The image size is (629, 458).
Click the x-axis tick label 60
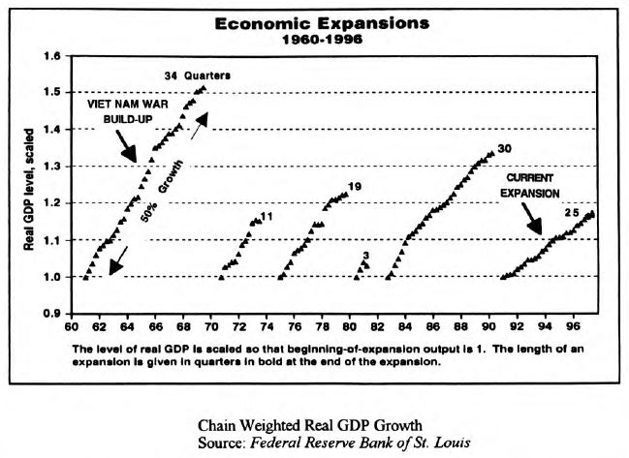click(x=71, y=327)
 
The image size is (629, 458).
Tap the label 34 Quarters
click(x=199, y=75)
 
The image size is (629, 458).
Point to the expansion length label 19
click(x=355, y=186)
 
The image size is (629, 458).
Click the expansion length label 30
click(x=504, y=149)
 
